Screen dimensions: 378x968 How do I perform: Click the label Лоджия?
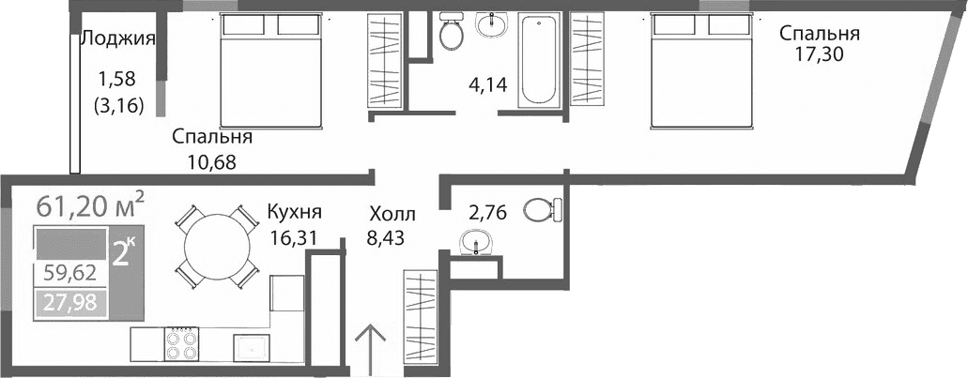click(x=117, y=38)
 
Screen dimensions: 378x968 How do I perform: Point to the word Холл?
click(x=390, y=215)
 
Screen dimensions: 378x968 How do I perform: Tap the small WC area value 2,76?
click(x=486, y=212)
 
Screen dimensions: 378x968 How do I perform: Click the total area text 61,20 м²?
click(x=90, y=204)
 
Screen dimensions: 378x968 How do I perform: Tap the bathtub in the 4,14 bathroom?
click(x=538, y=58)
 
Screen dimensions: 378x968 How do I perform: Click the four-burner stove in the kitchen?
click(x=182, y=343)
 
